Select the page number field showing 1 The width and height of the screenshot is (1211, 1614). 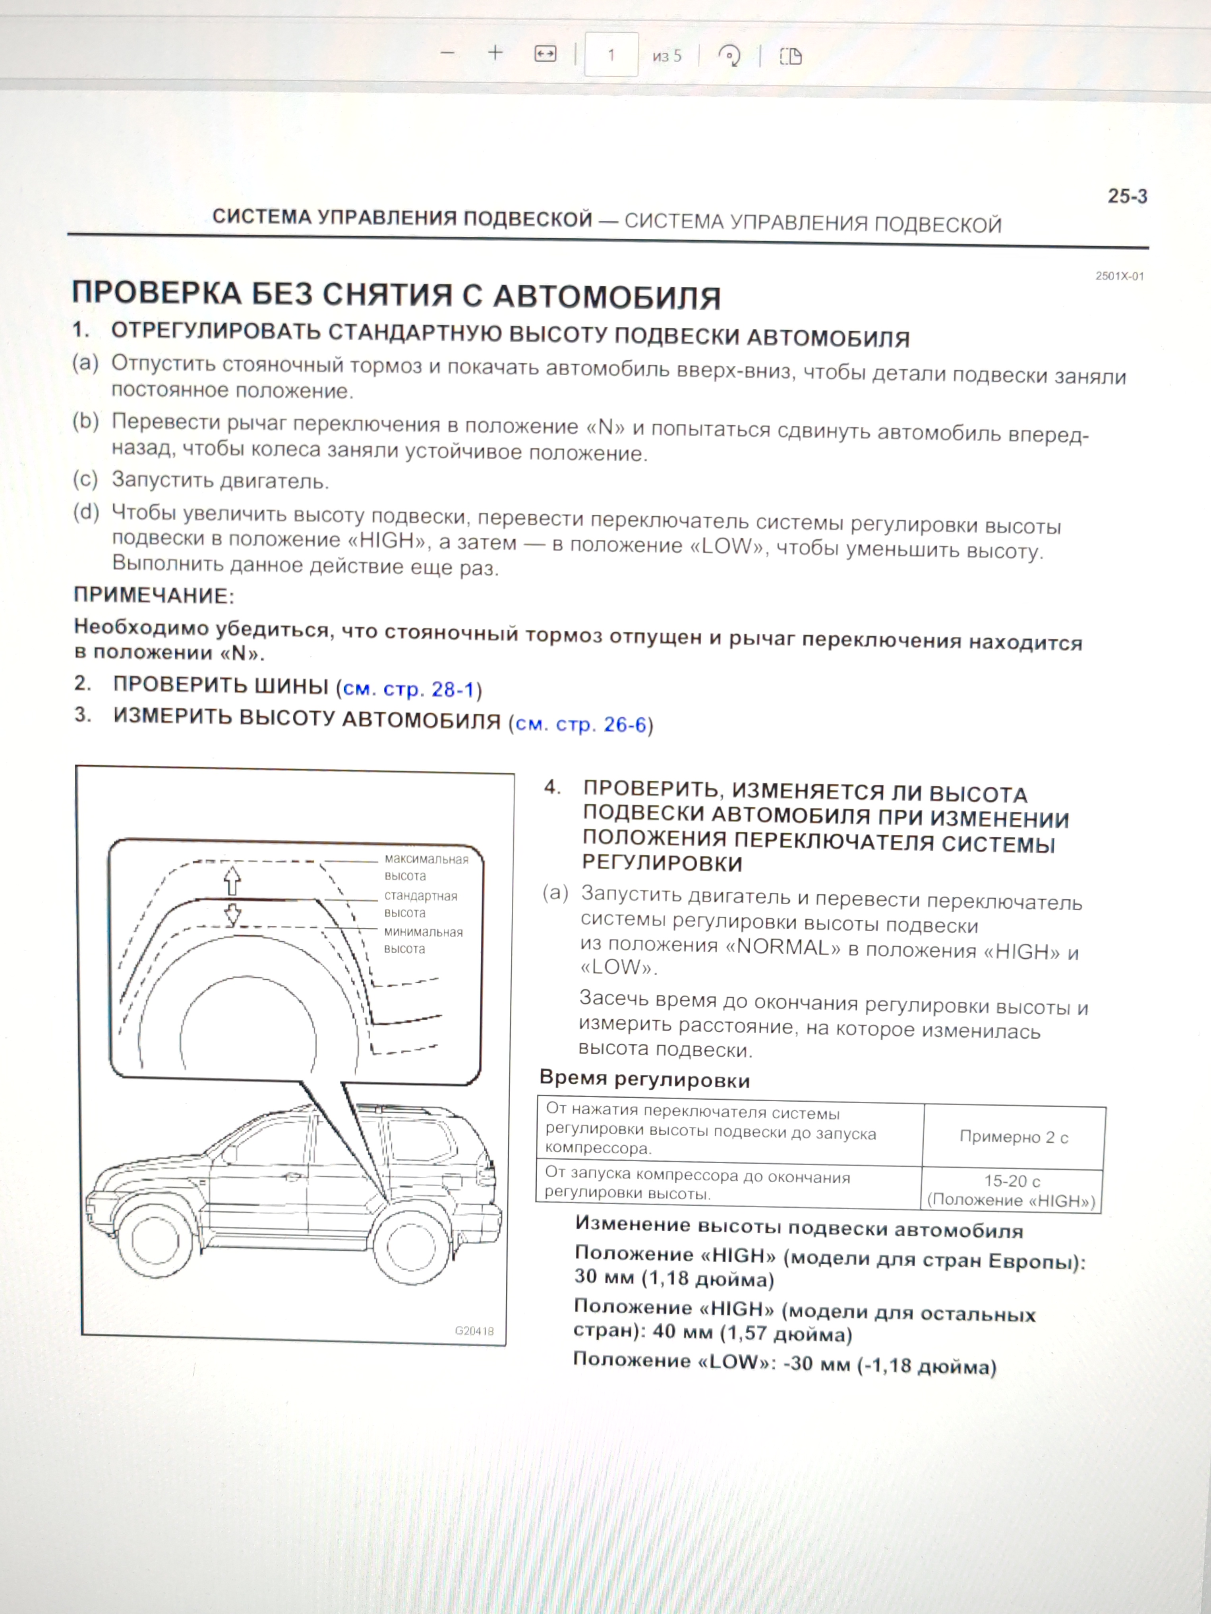pos(611,55)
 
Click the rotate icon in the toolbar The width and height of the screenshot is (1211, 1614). pos(729,56)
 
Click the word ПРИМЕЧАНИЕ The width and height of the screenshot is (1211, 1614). pos(153,595)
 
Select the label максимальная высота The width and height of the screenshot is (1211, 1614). pos(426,867)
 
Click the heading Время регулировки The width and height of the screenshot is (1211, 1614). pos(644,1079)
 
